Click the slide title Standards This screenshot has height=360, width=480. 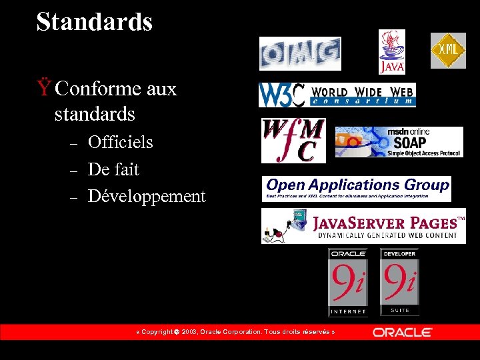[95, 22]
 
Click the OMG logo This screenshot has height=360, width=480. [300, 53]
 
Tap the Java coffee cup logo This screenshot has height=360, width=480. [392, 51]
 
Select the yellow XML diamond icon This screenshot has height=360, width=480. [448, 51]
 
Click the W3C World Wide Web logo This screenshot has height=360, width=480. [337, 95]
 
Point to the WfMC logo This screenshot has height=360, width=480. [293, 140]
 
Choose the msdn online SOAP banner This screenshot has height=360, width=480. [399, 142]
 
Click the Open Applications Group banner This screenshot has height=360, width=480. [357, 189]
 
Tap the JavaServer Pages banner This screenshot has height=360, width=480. [363, 226]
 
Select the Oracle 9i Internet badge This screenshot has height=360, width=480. [347, 282]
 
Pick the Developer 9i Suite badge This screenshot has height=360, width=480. [399, 282]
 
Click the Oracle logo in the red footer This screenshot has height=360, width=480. [403, 332]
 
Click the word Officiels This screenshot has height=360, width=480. [120, 142]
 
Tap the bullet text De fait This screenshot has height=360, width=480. [113, 169]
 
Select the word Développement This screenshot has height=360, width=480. [147, 197]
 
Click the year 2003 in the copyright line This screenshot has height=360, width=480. [189, 332]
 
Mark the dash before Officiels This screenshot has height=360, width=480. [75, 143]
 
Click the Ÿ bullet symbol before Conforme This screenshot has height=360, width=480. [44, 88]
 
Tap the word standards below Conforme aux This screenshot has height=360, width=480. [95, 115]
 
